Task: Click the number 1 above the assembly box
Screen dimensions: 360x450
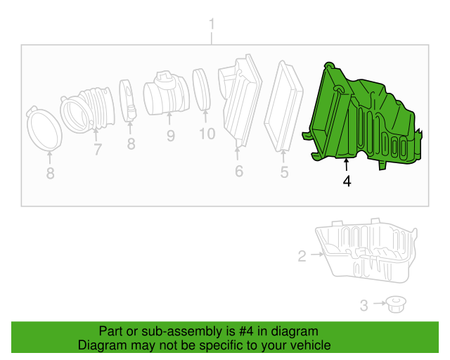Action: coord(211,27)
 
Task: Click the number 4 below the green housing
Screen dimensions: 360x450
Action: coord(347,181)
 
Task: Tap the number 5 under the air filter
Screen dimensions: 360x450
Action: coord(284,172)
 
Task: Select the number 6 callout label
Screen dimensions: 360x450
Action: coord(238,171)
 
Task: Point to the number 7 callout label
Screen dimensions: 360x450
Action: coord(97,149)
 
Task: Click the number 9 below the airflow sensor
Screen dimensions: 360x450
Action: coord(170,135)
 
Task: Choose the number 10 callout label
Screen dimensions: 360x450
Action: coord(206,134)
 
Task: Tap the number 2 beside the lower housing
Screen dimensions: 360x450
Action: coord(302,257)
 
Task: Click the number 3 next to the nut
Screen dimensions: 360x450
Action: coord(364,305)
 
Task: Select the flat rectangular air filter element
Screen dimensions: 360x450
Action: coord(284,105)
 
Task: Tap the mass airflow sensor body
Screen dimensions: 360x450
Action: coord(165,95)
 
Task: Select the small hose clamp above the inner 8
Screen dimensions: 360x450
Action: coord(129,101)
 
